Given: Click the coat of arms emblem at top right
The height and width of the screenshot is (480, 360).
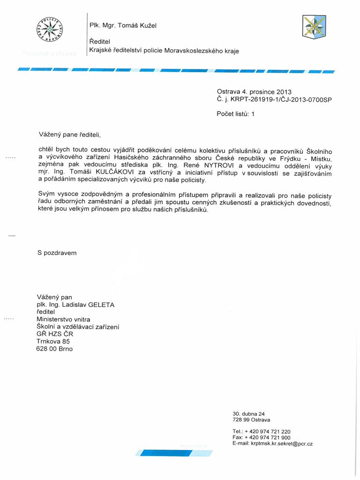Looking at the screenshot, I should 314,27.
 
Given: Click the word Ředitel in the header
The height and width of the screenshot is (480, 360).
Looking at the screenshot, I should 101,42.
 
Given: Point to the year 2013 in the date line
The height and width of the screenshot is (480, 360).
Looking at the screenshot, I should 284,92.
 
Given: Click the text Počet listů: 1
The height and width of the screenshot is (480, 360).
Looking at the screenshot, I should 235,113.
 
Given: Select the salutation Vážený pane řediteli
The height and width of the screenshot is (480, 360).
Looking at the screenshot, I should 69,135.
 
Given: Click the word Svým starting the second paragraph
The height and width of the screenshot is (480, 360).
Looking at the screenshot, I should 46,194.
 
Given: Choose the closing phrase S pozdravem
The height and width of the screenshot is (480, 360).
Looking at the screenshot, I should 57,253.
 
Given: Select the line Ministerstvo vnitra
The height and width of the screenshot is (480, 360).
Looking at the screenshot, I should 63,319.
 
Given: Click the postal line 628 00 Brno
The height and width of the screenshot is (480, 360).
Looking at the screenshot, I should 54,349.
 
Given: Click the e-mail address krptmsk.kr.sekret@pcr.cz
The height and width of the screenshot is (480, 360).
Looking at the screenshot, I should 282,443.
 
